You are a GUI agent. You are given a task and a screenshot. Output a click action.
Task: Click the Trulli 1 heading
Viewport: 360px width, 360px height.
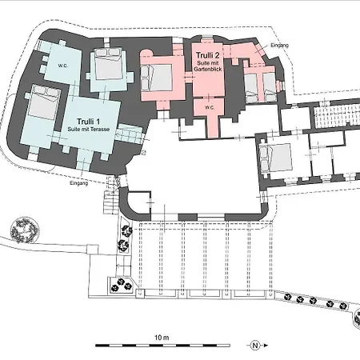88,122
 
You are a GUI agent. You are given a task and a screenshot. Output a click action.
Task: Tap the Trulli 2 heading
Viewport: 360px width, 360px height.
208,55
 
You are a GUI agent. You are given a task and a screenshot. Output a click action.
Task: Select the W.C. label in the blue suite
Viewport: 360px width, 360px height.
62,66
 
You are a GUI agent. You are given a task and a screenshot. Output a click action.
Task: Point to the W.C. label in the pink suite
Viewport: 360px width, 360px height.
210,108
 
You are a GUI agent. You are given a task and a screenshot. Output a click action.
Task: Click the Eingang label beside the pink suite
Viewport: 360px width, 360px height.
280,46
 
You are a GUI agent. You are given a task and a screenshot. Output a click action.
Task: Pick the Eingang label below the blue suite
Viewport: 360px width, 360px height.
79,183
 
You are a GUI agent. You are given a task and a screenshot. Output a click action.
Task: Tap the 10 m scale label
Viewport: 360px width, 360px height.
162,338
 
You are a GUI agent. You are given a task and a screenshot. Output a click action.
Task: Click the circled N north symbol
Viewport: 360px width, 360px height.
255,346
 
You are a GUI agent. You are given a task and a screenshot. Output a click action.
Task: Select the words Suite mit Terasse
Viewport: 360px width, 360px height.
89,130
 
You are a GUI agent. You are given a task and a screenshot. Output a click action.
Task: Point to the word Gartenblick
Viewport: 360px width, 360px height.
208,69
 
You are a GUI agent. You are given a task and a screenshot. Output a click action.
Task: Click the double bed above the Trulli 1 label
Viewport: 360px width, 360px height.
108,64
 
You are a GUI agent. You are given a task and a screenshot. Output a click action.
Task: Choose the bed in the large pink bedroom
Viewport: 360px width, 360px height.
156,78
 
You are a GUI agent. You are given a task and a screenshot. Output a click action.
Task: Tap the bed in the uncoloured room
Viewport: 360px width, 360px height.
275,158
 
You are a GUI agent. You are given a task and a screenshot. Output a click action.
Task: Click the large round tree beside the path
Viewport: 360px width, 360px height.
25,230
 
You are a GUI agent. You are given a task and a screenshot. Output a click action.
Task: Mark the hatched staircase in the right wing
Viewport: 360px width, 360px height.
337,116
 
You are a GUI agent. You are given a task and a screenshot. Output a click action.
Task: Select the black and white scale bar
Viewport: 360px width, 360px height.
162,346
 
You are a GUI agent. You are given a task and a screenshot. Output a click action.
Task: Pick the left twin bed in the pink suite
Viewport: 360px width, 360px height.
251,88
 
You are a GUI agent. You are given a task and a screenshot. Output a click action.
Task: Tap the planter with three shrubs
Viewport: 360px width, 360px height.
122,285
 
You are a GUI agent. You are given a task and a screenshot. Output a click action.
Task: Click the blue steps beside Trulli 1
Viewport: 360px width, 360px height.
130,134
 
